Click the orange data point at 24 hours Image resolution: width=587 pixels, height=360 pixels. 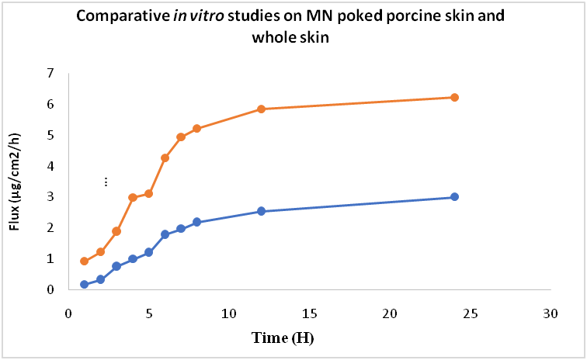point(454,97)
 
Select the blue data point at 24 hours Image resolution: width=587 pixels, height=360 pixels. point(454,197)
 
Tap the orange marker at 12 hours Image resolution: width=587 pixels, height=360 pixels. point(261,109)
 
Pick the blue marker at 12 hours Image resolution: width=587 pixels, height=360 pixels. point(261,211)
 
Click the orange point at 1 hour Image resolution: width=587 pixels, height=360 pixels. point(84,261)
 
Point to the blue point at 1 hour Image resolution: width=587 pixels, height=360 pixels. point(84,285)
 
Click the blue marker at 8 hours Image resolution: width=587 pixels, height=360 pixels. point(196,222)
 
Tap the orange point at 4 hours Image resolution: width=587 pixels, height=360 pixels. point(133,197)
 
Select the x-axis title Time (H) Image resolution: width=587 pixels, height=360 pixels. point(283,338)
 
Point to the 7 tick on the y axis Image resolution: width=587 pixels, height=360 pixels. point(51,73)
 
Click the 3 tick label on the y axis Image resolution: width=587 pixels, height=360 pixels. point(51,197)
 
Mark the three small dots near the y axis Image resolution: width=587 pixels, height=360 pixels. point(106,182)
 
